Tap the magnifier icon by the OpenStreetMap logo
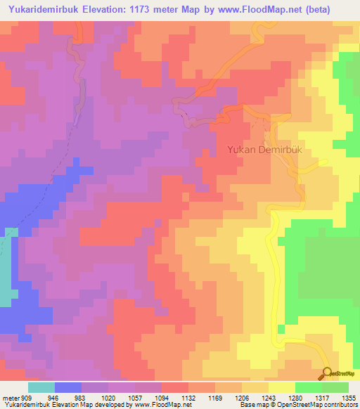(x=327, y=372)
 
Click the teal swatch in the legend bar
(x=41, y=387)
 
